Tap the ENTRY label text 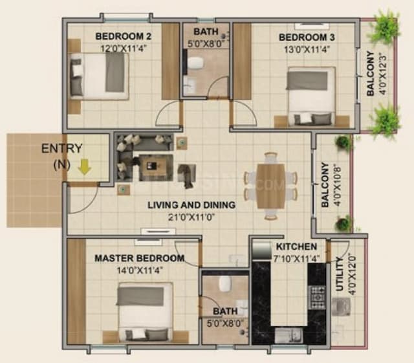(x=62, y=148)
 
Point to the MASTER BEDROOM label (x=139, y=258)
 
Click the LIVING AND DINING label (x=191, y=205)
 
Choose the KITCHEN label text (x=296, y=247)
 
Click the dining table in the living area (x=270, y=186)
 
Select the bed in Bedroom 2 (x=98, y=74)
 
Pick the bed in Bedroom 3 (x=312, y=95)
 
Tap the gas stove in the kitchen (x=318, y=296)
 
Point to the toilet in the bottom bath (x=226, y=284)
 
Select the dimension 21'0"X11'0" (x=191, y=217)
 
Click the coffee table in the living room (x=154, y=165)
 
